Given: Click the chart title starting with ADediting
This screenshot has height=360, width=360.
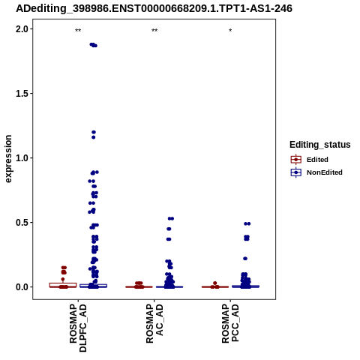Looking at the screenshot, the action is [x=154, y=8].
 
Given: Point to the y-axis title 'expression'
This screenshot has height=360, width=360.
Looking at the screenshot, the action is [x=8, y=159].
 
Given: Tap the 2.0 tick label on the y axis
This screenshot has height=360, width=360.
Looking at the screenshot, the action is [x=21, y=29].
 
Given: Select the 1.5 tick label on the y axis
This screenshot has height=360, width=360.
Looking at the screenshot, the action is [x=21, y=94].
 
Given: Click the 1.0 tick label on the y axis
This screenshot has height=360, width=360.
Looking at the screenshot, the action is [x=21, y=158].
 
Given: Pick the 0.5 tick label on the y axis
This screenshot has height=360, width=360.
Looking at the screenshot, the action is [x=21, y=223].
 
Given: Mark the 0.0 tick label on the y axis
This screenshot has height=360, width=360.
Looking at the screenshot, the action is [x=21, y=287].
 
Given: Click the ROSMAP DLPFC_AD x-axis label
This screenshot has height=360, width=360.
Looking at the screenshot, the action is [x=78, y=328].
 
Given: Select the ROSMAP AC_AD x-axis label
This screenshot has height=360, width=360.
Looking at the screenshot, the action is [x=154, y=324].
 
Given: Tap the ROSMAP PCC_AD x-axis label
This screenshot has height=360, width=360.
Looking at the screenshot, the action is [x=230, y=324].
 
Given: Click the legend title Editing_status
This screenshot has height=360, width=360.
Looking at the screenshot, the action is [x=320, y=145].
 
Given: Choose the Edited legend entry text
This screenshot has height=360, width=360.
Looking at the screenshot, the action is [x=317, y=160].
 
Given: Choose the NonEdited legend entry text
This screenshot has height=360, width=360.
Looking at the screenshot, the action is [x=325, y=172].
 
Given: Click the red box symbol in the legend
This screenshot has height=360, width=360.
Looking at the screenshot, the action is [x=296, y=160].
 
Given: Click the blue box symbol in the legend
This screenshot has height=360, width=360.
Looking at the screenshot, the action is [x=296, y=172].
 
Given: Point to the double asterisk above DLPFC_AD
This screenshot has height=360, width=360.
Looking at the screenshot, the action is [x=78, y=31].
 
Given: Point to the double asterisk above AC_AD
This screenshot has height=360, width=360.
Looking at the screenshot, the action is [x=154, y=31].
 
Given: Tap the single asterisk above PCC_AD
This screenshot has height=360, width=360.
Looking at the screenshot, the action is [x=230, y=31].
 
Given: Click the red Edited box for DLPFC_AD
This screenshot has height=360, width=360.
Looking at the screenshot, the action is [x=63, y=285].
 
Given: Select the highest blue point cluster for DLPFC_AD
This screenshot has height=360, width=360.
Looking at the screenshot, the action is [x=94, y=45].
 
